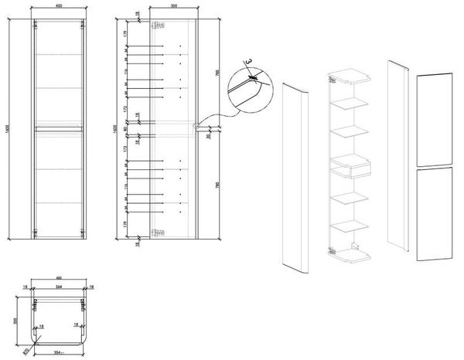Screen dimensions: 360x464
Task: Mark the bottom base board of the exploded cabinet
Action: coord(353,254)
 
